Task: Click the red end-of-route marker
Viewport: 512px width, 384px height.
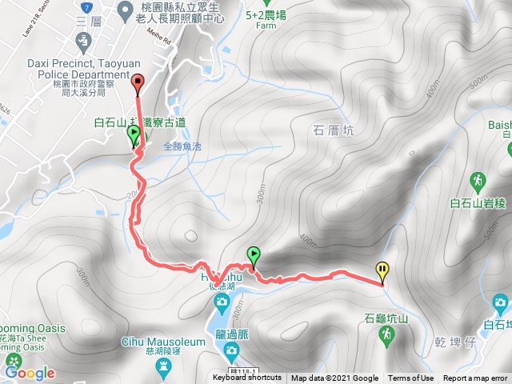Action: click(x=137, y=81)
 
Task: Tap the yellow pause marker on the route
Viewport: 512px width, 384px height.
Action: click(x=382, y=270)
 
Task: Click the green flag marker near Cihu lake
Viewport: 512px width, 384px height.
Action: click(x=254, y=255)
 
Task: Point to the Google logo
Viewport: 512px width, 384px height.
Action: click(x=30, y=373)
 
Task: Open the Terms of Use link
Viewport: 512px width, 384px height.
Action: click(x=411, y=378)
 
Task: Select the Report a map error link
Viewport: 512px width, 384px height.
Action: click(x=475, y=378)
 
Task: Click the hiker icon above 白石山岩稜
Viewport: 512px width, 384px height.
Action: click(x=478, y=178)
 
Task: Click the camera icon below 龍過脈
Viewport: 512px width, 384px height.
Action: click(x=231, y=350)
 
